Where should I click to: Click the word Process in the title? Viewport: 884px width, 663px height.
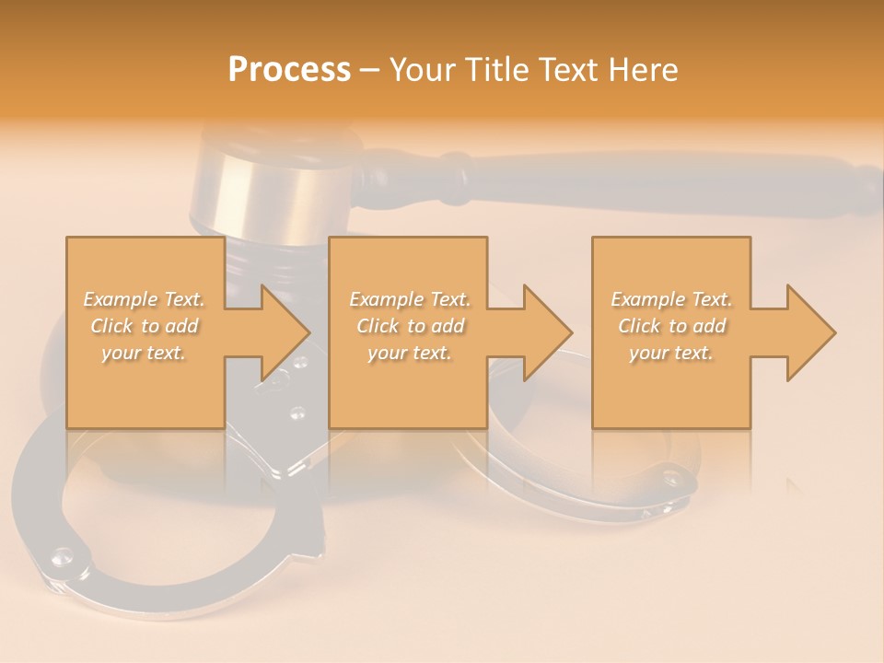pyautogui.click(x=289, y=70)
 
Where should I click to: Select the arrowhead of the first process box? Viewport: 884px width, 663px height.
pyautogui.click(x=281, y=332)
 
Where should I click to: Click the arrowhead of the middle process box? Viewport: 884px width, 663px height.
pyautogui.click(x=544, y=332)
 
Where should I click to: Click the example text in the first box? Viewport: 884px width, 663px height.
pyautogui.click(x=145, y=326)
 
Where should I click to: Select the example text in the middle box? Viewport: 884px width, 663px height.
pyautogui.click(x=409, y=326)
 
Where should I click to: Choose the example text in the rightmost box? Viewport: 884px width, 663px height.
pyautogui.click(x=671, y=326)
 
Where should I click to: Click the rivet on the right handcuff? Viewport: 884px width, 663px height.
pyautogui.click(x=669, y=478)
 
